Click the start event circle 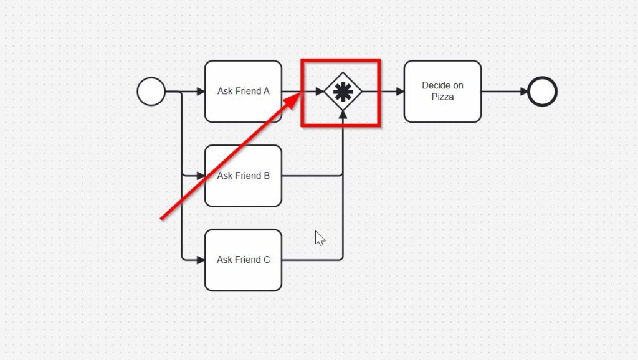coord(151,92)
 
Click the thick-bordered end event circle coord(542,92)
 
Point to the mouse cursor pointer coord(320,238)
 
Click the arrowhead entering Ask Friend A coord(201,92)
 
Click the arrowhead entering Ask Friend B coord(201,176)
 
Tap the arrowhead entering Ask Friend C coord(201,260)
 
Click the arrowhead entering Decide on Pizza coord(400,92)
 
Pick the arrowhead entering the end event coord(524,92)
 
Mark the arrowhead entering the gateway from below coord(343,116)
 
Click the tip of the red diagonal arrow coord(300,95)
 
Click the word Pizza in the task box coord(442,97)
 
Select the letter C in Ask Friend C coord(267,260)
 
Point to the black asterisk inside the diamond coord(343,92)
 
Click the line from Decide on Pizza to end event coord(502,92)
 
